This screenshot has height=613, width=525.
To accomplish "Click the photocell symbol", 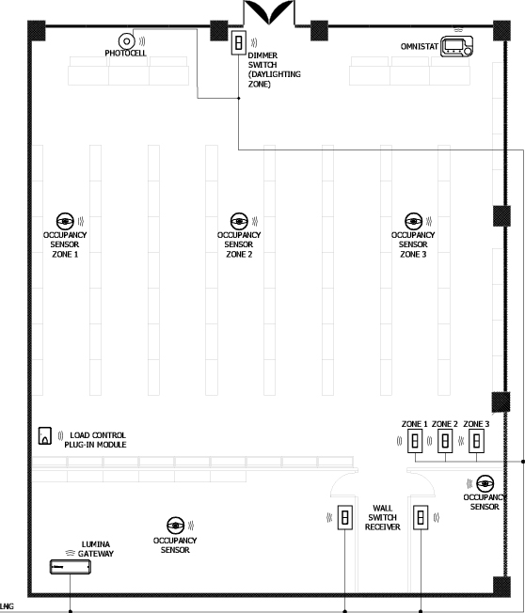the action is tap(126, 41).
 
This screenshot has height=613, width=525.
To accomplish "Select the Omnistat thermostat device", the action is tap(456, 46).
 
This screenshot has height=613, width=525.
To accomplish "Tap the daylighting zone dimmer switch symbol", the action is tap(238, 42).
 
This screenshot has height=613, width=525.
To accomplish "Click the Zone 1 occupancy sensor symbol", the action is tap(65, 221).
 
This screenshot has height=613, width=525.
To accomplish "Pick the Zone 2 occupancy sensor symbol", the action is tap(239, 221).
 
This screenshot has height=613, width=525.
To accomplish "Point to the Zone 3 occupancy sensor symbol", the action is tap(413, 221).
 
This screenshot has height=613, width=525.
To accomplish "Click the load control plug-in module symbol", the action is tap(45, 436).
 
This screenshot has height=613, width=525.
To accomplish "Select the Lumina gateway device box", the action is tap(71, 567).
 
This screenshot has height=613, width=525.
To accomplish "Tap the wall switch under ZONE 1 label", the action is tap(415, 441).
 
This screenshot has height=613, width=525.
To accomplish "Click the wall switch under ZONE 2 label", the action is tap(445, 441).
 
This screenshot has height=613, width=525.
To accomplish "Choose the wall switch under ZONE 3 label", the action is tap(476, 441).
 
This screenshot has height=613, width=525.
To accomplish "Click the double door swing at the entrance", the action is tap(269, 11).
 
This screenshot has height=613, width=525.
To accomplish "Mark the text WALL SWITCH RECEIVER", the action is tap(383, 518).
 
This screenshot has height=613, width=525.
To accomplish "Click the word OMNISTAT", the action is tap(420, 46).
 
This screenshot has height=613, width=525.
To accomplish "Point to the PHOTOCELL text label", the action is tap(125, 54).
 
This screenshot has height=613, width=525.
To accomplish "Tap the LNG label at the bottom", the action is tap(7, 606).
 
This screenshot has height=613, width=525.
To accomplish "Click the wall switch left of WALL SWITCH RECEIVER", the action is tap(345, 518).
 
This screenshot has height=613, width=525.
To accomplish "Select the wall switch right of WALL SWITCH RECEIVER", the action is tap(421, 518).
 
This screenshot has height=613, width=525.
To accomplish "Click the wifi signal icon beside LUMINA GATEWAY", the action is tap(71, 553).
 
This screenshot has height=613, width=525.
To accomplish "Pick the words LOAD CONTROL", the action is tap(98, 435).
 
